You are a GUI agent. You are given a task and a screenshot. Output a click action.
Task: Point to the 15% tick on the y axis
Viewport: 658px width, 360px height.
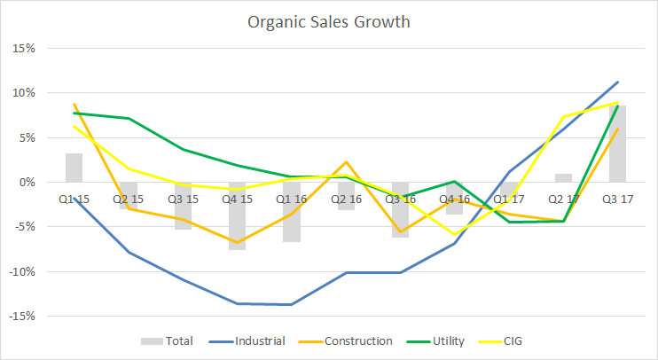click(x=23, y=48)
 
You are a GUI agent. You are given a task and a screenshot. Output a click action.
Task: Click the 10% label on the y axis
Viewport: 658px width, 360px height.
click(x=23, y=92)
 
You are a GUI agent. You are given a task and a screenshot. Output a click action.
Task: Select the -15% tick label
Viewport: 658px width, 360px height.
click(x=21, y=316)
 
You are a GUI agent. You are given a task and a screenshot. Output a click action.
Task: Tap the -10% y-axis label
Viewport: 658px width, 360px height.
click(x=21, y=271)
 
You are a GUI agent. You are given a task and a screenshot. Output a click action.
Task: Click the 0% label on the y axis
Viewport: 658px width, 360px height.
click(x=26, y=182)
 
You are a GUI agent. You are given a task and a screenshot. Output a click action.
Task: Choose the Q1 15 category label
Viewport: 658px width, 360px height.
click(x=74, y=199)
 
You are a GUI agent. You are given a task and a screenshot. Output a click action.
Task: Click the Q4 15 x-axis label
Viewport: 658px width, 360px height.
click(x=237, y=199)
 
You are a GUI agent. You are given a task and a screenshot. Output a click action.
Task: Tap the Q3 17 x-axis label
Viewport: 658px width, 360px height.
click(x=618, y=199)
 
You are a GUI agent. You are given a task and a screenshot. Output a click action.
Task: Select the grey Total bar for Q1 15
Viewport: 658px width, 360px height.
click(x=74, y=168)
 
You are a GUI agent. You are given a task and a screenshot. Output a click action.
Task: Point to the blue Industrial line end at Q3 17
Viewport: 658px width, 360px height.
click(x=618, y=82)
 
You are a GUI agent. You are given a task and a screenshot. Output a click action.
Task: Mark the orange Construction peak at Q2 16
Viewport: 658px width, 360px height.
click(x=347, y=161)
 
